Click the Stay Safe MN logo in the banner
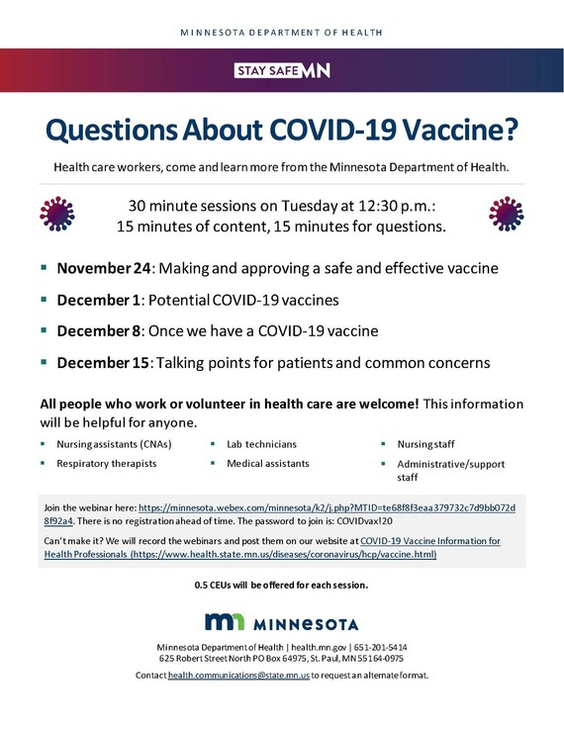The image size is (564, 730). [x=282, y=70]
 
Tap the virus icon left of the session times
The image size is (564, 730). [x=57, y=215]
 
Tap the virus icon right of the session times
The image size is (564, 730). [x=506, y=215]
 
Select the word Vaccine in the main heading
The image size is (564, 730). [x=454, y=129]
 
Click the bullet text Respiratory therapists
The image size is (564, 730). [x=106, y=463]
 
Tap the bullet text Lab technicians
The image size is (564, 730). [x=261, y=444]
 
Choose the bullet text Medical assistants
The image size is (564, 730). [x=267, y=463]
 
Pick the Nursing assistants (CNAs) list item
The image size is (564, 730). [x=113, y=444]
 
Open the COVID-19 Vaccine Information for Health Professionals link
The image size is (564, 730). [x=429, y=541]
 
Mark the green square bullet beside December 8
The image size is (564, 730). [x=44, y=329]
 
